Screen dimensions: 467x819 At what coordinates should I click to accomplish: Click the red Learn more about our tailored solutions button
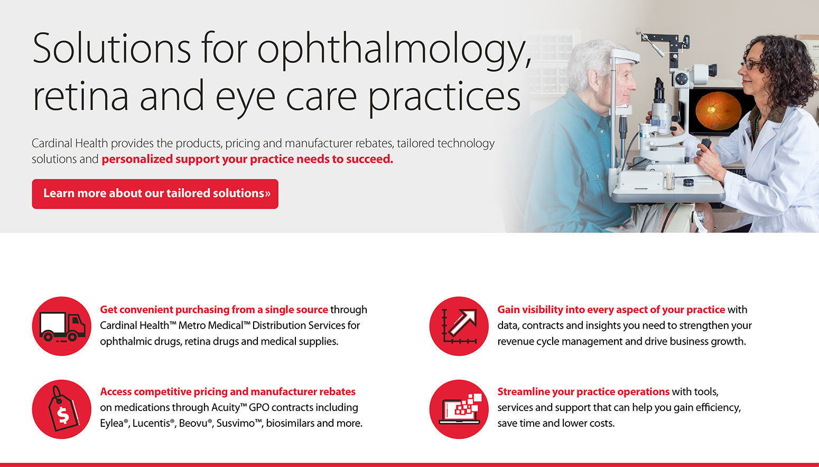point(155,194)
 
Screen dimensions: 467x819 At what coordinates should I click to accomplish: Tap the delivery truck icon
point(62,326)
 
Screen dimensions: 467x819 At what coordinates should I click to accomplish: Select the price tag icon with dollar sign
point(62,409)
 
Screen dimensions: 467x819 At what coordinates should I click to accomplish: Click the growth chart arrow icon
point(459,326)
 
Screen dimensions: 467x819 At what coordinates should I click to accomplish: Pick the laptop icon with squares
point(459,409)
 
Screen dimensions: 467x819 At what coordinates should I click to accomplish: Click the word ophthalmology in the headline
point(394,49)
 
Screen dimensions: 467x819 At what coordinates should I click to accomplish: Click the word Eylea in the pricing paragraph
point(111,423)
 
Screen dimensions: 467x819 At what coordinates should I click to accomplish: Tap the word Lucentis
point(152,423)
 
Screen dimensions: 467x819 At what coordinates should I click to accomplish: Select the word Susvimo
point(236,423)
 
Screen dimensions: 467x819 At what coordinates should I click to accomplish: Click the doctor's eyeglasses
point(751,65)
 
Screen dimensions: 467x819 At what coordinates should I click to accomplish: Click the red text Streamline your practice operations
point(583,391)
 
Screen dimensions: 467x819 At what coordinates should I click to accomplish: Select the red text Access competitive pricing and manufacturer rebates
point(228,391)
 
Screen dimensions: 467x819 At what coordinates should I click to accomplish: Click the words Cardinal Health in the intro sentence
point(70,143)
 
